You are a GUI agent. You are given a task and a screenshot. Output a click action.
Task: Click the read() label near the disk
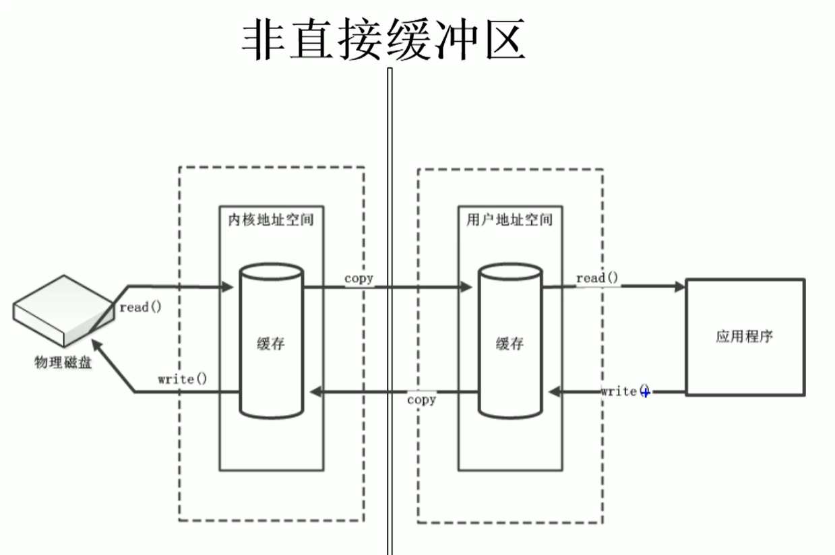(x=141, y=307)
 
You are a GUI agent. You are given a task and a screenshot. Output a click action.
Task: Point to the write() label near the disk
(x=182, y=379)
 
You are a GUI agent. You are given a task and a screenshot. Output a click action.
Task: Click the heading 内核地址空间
(x=270, y=220)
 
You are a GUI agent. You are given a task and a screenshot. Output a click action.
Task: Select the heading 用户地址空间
(x=509, y=220)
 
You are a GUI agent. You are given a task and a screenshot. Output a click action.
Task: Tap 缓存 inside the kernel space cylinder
(x=271, y=344)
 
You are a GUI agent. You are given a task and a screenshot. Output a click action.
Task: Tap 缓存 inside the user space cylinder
(x=510, y=344)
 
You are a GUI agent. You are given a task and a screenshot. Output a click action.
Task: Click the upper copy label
(x=359, y=278)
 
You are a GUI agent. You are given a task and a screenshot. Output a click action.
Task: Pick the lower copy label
(x=422, y=399)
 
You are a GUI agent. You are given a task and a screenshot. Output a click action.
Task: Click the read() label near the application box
(x=597, y=278)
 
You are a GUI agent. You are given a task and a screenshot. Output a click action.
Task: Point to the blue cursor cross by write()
(x=646, y=392)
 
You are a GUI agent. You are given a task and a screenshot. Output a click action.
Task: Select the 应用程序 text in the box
(x=744, y=336)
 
